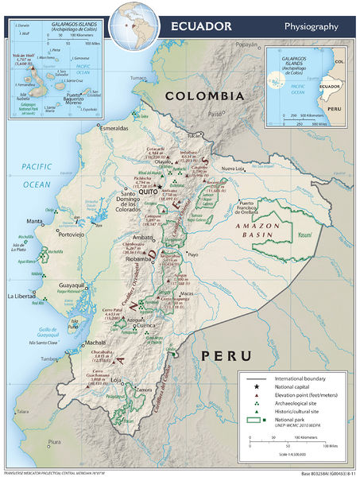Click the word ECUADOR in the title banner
point(202,26)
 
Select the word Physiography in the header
point(312,26)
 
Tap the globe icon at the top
point(130,21)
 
